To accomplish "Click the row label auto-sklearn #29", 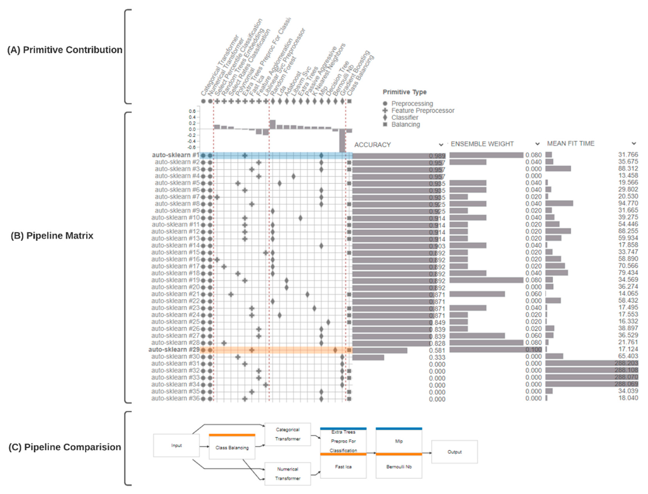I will coord(174,350).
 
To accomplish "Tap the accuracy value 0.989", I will coord(437,156).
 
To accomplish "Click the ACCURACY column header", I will coord(372,145).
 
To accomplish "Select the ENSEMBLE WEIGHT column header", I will coord(482,144).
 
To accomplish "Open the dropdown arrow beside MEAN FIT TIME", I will coord(633,144).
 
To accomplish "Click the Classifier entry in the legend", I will coord(405,118).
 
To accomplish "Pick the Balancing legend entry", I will coord(405,124).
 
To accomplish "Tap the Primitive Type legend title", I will coord(404,92).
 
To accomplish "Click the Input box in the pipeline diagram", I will coord(176,445).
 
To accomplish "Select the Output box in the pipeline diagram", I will coord(454,452).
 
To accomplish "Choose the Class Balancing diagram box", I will coord(232,448).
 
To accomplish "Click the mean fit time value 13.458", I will coord(628,176).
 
